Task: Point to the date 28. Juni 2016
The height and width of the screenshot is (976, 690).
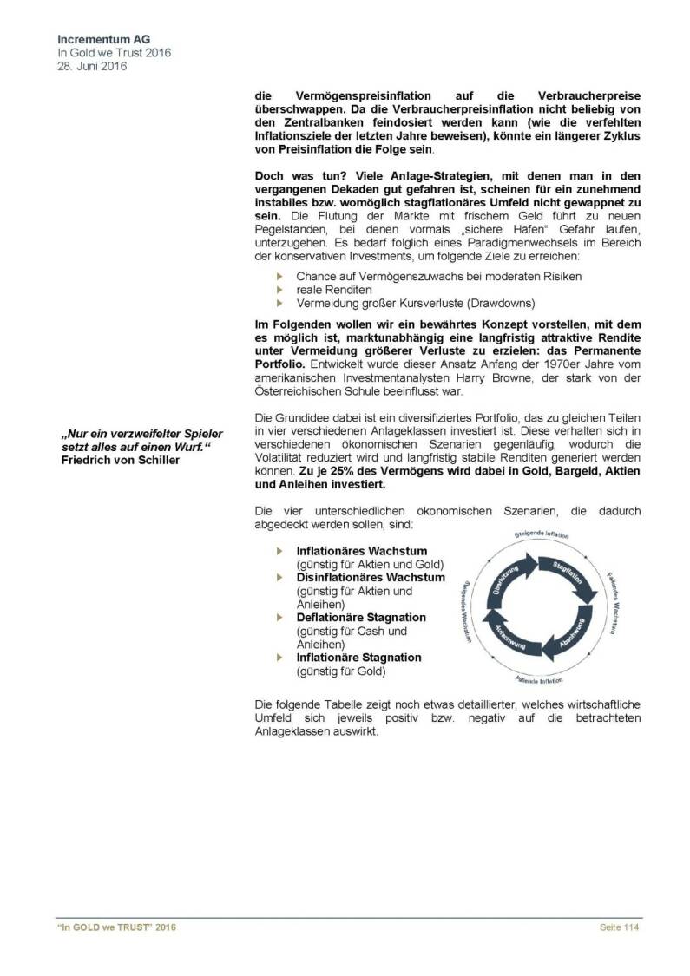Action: tap(91, 66)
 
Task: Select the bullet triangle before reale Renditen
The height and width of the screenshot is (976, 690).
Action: tap(279, 290)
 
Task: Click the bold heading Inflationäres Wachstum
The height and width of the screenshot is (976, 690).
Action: tap(361, 551)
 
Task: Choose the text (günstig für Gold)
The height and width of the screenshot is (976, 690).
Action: tap(341, 671)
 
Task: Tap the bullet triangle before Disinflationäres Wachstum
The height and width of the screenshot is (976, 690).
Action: tap(279, 578)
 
